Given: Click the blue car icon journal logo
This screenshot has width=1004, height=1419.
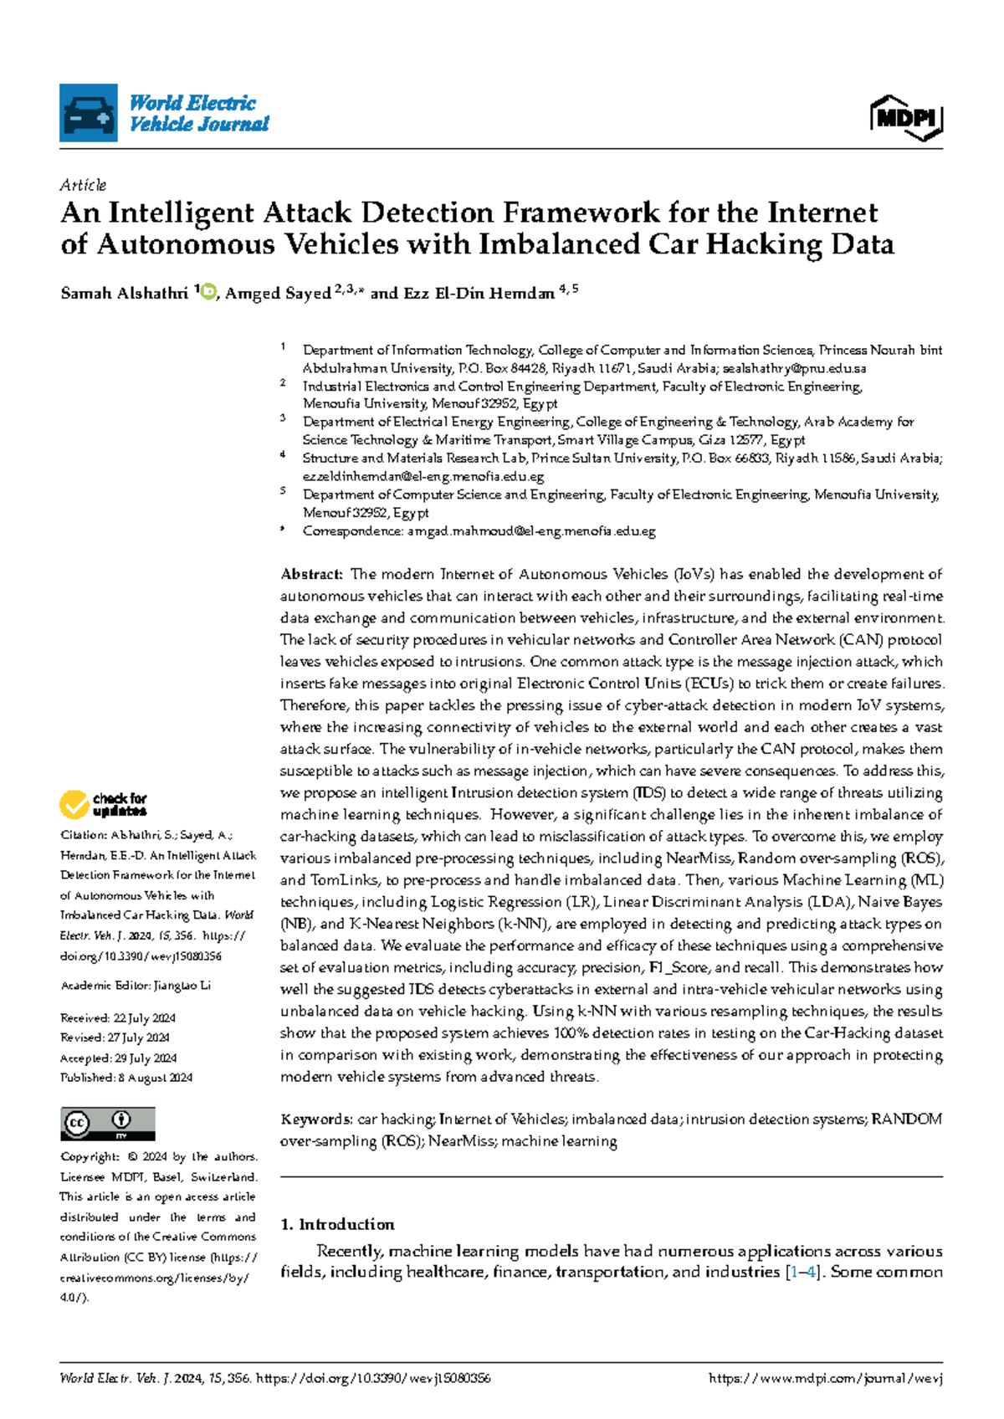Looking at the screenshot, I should click(88, 113).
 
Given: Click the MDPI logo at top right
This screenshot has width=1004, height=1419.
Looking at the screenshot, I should click(907, 118).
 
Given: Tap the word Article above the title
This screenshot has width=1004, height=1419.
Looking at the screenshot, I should click(83, 185).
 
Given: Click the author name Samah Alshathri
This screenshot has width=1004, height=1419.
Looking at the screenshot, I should click(124, 293).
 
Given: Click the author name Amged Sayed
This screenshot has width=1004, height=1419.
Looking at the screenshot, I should click(278, 294).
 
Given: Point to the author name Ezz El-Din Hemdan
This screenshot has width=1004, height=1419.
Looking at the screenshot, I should click(479, 294).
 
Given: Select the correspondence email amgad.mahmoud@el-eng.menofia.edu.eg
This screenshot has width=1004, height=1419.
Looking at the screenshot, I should click(531, 531).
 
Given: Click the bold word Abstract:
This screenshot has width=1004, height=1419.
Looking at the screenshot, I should click(311, 575).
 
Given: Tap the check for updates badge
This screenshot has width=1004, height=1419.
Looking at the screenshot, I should click(103, 805).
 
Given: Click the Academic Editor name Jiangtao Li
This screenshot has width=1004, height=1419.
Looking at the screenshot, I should click(182, 986).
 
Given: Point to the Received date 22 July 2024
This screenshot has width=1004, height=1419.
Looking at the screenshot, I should click(143, 1018).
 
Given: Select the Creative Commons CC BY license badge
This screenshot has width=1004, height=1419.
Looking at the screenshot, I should click(107, 1124).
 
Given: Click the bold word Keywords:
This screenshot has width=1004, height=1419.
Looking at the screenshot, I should click(316, 1119).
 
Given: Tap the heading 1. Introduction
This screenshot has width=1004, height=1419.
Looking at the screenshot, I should click(337, 1225).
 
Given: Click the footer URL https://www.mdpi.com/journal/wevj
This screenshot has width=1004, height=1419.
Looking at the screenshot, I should click(825, 1379).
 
